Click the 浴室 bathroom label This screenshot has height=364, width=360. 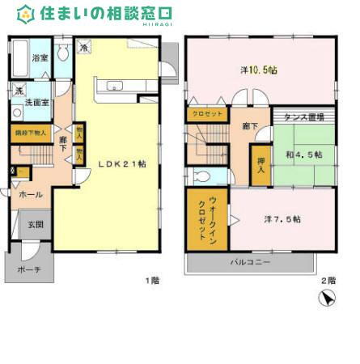click(x=39, y=58)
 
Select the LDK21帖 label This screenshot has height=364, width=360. click(x=121, y=163)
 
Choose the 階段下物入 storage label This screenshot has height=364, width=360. click(x=32, y=131)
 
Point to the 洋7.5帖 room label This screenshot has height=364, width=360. click(x=282, y=219)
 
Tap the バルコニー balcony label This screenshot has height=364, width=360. click(x=250, y=262)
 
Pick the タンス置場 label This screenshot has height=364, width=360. click(x=304, y=118)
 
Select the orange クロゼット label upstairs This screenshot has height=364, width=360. click(x=208, y=114)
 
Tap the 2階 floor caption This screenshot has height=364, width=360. click(x=327, y=280)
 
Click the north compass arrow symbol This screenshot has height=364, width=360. click(x=327, y=300)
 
